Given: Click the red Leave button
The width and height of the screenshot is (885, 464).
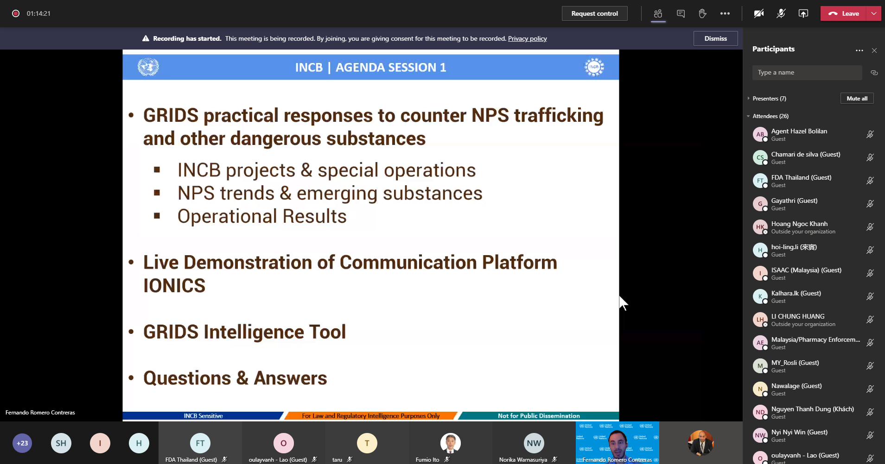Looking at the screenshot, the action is point(844,13).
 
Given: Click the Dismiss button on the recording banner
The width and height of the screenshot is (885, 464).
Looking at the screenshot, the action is point(715,38).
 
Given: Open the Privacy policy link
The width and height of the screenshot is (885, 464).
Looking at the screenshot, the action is point(527,38).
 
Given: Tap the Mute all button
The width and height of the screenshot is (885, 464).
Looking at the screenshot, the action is point(857,98).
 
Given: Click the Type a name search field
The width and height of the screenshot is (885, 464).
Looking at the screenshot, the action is point(807,73).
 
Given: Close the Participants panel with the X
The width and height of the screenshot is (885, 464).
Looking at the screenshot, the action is point(874,50).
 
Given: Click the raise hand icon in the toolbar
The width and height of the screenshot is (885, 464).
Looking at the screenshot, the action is point(703,13).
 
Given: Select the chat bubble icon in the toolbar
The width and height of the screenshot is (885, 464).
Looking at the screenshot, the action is point(681,13).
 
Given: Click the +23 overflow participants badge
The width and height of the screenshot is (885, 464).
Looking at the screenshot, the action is point(22,443).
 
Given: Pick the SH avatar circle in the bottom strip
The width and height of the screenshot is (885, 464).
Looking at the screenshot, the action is point(61,443).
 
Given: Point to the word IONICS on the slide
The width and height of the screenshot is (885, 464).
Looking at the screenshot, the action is point(174,286).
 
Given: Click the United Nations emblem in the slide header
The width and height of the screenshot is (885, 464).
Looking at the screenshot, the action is point(148,67).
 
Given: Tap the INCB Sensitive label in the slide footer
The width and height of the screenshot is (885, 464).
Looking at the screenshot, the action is point(203,416).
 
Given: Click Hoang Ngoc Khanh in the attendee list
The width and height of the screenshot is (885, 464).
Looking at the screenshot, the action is point(799,224).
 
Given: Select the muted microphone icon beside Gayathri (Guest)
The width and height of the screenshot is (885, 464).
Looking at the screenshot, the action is point(870,204).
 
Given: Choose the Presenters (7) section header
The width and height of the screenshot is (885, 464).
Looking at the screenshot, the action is point(769,99).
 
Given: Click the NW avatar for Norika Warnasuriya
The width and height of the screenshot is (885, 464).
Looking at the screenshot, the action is point(534,443).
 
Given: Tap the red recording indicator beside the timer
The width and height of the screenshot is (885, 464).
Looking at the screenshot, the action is point(16,13).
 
